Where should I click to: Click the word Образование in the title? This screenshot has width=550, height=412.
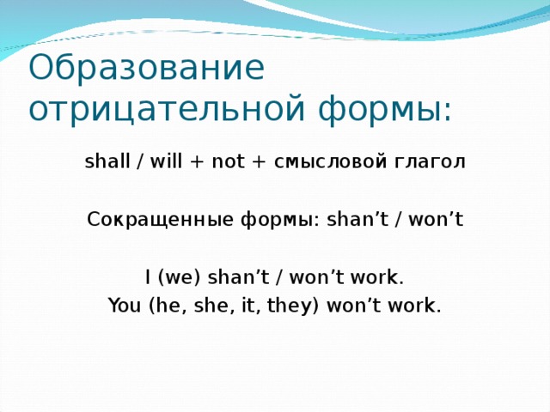point(146,69)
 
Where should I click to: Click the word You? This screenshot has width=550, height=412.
point(124,306)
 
